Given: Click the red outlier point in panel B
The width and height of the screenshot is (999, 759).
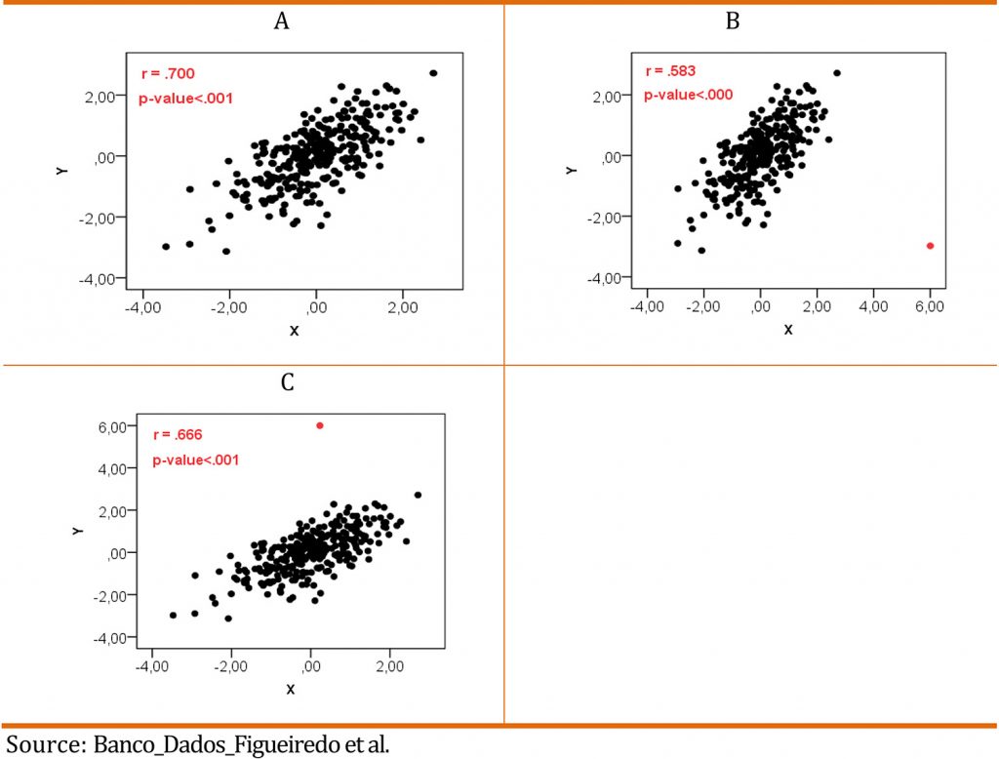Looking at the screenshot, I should point(930,246).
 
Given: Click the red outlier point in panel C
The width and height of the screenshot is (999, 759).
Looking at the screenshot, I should point(319,425).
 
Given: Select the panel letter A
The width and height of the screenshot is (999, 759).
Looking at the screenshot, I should point(281,21).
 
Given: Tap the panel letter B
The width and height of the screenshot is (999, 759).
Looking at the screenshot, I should point(732,21).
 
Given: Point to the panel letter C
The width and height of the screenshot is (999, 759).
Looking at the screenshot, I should point(287,382).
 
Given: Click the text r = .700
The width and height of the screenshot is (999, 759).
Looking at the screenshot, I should point(169,73).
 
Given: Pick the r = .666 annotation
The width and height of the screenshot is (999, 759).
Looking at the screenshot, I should point(179,435).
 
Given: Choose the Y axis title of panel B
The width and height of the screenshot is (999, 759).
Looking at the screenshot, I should point(573,169).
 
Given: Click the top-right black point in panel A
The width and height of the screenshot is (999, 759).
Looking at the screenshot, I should point(433,73).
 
